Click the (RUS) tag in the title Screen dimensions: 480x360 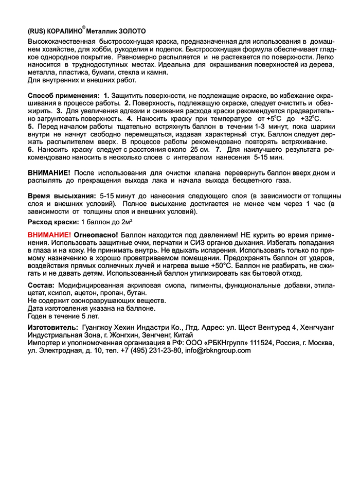pyautogui.click(x=36, y=31)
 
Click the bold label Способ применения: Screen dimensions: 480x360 pyautogui.click(x=63, y=96)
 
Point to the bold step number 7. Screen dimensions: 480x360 pyautogui.click(x=218, y=149)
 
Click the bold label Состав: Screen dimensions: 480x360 pyautogui.click(x=41, y=285)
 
